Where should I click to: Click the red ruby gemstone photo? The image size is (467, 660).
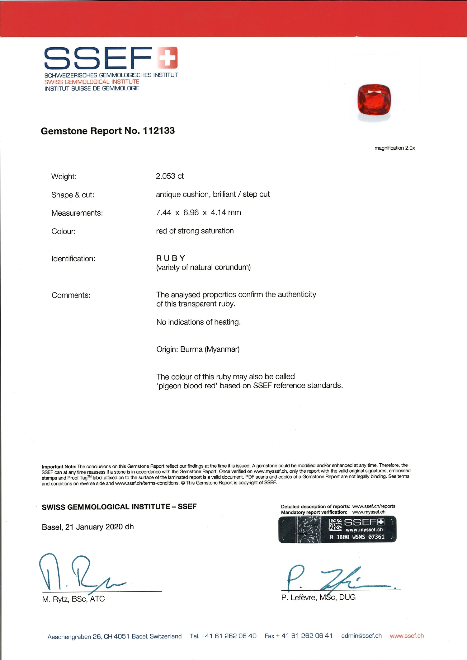point(374,100)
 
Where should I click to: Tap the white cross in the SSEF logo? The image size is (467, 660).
point(167,57)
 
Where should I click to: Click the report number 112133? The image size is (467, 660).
point(159,131)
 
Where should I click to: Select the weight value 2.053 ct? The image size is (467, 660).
point(170,176)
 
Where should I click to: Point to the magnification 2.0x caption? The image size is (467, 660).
point(394,148)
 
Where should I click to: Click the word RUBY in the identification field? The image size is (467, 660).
point(171,258)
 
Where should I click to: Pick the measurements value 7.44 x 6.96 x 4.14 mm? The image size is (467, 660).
point(198,213)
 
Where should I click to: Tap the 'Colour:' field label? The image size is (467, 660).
point(64,232)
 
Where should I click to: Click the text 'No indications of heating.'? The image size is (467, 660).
point(198,322)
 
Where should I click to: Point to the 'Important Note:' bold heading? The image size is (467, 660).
point(59,467)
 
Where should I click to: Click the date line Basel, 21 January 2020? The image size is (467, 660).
point(87,527)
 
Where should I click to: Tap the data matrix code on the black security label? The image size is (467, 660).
point(335,525)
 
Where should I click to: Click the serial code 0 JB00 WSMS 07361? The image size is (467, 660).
point(357,537)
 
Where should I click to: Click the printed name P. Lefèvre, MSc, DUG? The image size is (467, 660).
point(318,597)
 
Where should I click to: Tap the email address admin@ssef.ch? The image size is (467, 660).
point(361,636)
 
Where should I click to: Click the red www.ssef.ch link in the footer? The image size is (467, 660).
point(407,636)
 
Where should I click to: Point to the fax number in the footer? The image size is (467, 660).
point(298,636)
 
